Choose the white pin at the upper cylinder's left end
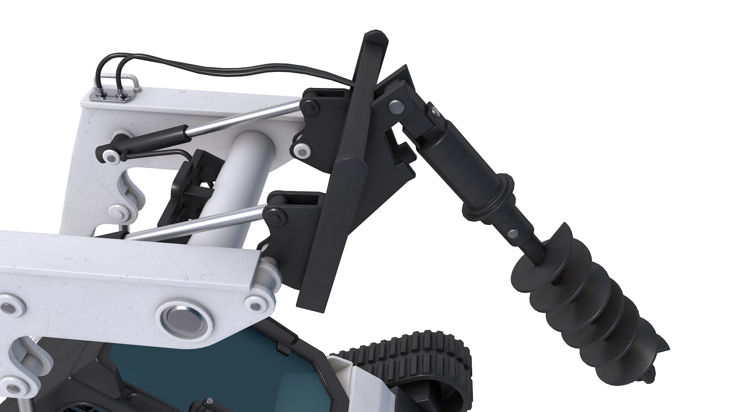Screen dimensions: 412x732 coord(111,157)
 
